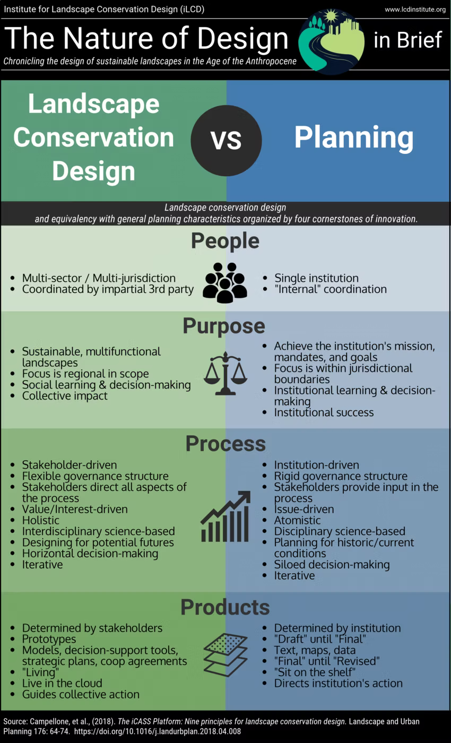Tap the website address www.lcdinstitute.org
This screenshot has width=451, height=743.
tap(414, 10)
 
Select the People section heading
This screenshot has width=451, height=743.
tap(226, 241)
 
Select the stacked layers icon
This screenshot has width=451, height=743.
tap(226, 654)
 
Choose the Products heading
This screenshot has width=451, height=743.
tap(225, 607)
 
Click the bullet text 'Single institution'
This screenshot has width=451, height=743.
tap(316, 278)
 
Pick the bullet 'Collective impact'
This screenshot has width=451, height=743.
tap(65, 395)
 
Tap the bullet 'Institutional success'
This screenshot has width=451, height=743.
tap(324, 412)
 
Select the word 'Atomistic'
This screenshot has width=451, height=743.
tap(297, 520)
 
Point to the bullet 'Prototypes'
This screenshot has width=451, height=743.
tap(49, 639)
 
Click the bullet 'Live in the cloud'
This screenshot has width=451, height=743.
tap(62, 683)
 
